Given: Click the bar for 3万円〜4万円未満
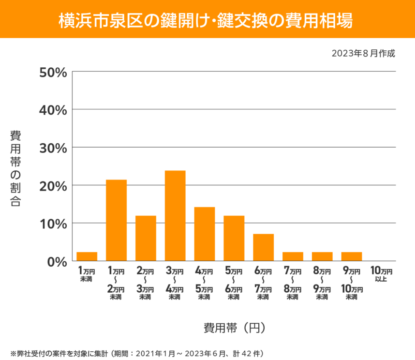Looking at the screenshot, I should coord(175,216).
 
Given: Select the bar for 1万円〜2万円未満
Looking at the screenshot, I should coord(116,220).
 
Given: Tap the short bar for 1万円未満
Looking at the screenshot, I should coord(87,256).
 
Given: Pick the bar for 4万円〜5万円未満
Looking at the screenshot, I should coord(205,234).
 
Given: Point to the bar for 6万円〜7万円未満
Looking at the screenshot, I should coord(264,247).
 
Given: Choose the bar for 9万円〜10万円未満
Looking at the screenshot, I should coord(352,256).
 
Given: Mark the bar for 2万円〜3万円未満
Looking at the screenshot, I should coord(146,238).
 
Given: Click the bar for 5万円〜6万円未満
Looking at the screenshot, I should coord(234,238).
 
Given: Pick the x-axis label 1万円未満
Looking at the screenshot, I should coord(87,275).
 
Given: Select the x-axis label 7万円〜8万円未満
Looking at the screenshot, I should coord(293,284).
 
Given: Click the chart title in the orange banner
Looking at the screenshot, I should coord(207,19).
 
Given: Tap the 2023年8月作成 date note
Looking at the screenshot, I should coord(363,53).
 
